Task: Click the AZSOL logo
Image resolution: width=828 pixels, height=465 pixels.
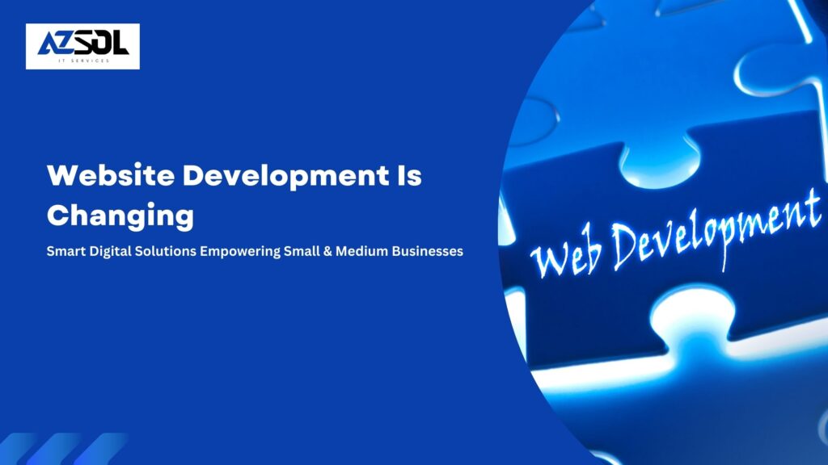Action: click(x=82, y=46)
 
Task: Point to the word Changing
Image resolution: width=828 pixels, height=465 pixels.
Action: click(x=120, y=216)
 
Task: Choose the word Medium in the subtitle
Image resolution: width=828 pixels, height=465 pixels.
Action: click(x=367, y=251)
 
